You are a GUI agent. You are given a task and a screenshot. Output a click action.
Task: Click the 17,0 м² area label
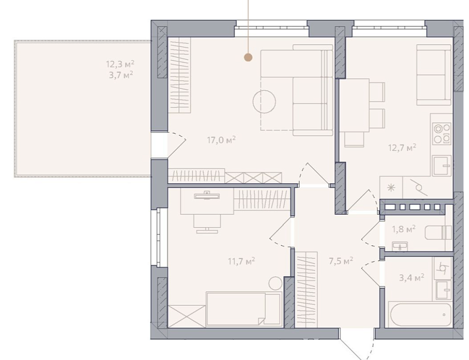[x=221, y=140]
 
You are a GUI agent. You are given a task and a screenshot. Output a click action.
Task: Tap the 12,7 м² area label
[x=402, y=147]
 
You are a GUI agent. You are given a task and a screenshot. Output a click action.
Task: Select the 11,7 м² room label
[x=241, y=262]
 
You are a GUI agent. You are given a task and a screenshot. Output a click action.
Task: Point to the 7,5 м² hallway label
[x=341, y=261]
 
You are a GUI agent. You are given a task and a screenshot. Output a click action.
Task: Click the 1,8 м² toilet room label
[x=404, y=229]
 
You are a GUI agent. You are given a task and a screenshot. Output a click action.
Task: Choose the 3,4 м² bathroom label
[x=412, y=278]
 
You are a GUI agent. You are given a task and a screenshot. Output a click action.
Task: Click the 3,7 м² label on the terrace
[x=121, y=75]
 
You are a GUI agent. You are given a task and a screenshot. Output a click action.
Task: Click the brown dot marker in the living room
[x=248, y=57]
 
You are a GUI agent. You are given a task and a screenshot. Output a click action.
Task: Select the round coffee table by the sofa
[x=264, y=102]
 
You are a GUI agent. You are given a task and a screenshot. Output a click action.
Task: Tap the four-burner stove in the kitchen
[x=442, y=133]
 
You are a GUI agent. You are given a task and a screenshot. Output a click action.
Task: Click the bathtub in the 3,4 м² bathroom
[x=420, y=315]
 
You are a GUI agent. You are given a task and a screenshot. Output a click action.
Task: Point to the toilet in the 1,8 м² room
[x=438, y=233]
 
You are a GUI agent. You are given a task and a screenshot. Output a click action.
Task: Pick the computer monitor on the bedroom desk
[x=207, y=195]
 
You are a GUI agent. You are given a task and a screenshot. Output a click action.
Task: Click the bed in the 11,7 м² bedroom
[x=244, y=309]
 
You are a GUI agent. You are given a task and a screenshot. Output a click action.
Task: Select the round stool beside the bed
[x=275, y=283]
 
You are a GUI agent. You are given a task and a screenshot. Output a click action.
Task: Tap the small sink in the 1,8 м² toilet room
[x=400, y=246]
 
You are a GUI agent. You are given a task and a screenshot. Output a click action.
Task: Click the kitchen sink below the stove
[x=441, y=165]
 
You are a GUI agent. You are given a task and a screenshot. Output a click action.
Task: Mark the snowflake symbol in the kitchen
[x=391, y=188]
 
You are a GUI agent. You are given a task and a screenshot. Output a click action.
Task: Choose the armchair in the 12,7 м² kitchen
[x=434, y=75]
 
